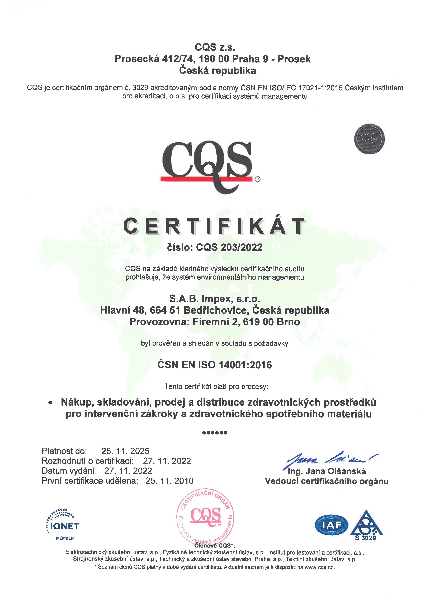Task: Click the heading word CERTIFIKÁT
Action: [x=215, y=226]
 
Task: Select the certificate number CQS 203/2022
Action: [x=229, y=248]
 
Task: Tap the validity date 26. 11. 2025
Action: [x=125, y=451]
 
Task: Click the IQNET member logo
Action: [x=63, y=524]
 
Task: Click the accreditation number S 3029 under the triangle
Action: [x=365, y=538]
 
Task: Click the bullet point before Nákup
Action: [x=50, y=403]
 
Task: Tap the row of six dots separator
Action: [x=215, y=433]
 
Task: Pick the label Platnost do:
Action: [x=64, y=451]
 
